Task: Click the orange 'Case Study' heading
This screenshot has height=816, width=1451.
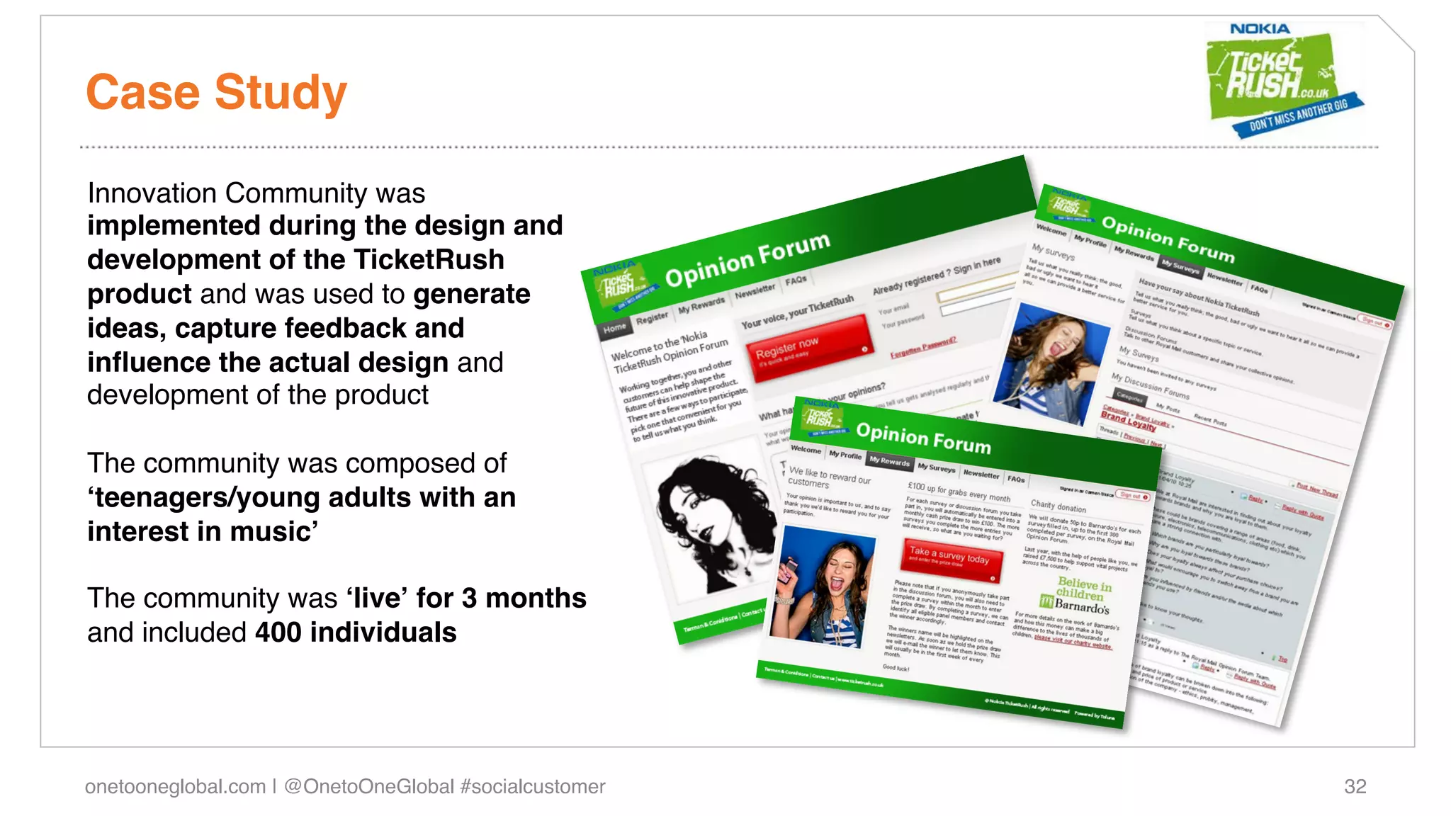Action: (x=216, y=93)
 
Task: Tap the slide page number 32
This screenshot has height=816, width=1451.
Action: (x=1355, y=786)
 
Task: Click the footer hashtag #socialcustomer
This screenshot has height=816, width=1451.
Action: (x=532, y=786)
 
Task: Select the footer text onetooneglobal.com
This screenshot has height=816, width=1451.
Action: (x=175, y=786)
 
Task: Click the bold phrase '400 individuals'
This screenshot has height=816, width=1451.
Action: (x=356, y=633)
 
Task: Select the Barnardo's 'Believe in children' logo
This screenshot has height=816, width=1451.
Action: (x=1076, y=595)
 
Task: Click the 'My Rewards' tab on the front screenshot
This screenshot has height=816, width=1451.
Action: (x=889, y=461)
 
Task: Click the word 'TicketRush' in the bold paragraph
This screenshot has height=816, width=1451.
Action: (x=429, y=260)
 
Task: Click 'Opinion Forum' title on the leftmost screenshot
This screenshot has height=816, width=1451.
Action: (x=747, y=259)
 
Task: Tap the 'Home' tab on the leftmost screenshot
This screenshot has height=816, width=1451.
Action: (x=614, y=327)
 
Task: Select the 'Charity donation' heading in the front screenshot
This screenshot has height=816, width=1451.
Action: (x=1058, y=506)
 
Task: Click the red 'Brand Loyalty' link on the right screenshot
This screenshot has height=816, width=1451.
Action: (x=1127, y=420)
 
